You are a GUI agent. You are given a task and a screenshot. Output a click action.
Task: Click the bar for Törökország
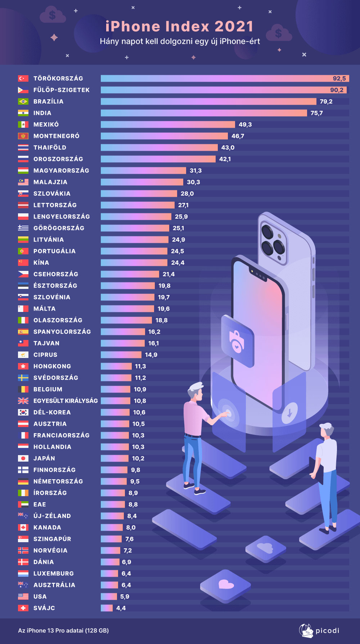[216, 78]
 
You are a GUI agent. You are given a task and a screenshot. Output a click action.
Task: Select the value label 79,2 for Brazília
[326, 101]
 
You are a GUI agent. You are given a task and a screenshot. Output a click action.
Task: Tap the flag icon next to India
[23, 113]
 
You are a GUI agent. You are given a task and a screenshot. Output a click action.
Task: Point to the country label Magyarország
[61, 171]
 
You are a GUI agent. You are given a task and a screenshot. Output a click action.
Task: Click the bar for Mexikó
[168, 124]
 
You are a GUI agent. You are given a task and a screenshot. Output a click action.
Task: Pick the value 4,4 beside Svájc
[121, 608]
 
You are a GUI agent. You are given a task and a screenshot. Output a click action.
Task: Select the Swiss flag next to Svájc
[23, 608]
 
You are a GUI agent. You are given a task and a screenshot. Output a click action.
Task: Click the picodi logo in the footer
[319, 631]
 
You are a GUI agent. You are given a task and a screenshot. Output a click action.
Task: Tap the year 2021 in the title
[234, 27]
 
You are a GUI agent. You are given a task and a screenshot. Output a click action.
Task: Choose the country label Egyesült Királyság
[66, 401]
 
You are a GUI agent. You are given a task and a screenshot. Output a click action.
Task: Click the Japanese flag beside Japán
[23, 458]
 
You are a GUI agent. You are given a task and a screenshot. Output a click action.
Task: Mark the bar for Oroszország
[158, 159]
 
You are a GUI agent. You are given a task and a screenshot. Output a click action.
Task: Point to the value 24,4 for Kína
[178, 263]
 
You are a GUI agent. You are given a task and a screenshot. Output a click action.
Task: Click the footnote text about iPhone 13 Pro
[63, 631]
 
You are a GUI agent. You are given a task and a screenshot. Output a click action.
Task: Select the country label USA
[40, 597]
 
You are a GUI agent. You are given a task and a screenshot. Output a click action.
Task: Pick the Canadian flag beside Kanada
[23, 527]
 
